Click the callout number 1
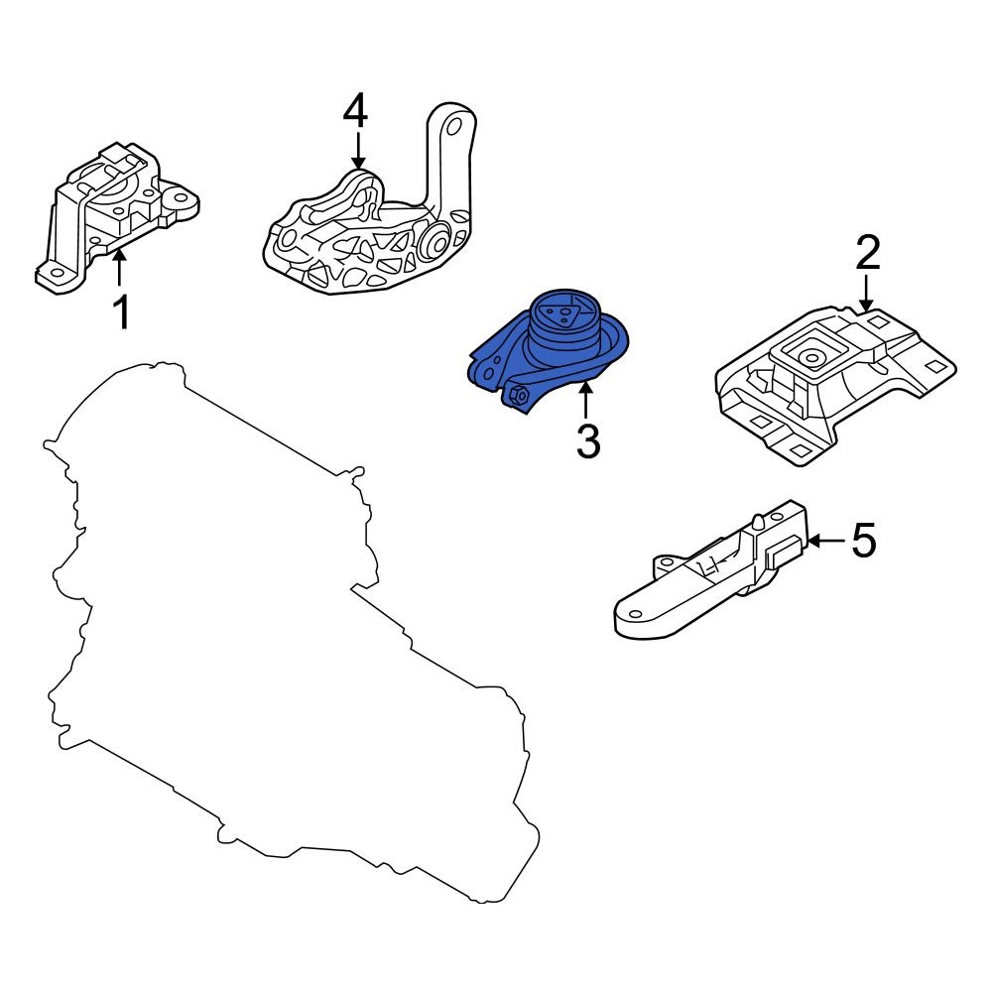pyautogui.click(x=121, y=311)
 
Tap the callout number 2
pyautogui.click(x=868, y=252)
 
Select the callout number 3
pyautogui.click(x=588, y=441)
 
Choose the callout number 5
pyautogui.click(x=864, y=541)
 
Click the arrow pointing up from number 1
pyautogui.click(x=119, y=268)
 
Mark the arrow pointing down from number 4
pyautogui.click(x=358, y=150)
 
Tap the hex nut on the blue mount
pyautogui.click(x=520, y=396)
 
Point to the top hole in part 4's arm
pyautogui.click(x=453, y=126)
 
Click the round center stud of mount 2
pyautogui.click(x=810, y=358)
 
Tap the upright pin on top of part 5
pyautogui.click(x=757, y=522)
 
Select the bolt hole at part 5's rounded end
pyautogui.click(x=634, y=614)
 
